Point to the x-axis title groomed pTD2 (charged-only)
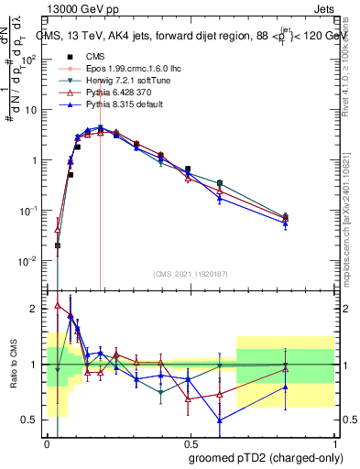(267, 457)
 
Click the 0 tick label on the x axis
(47, 443)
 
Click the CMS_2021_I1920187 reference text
(190, 273)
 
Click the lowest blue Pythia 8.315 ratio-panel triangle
(220, 420)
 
